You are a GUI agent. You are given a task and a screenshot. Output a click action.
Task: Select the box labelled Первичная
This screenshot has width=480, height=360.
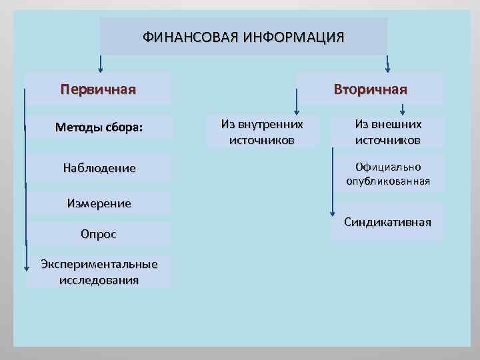pyautogui.click(x=98, y=89)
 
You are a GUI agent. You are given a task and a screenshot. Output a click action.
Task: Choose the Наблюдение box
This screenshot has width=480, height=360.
pyautogui.click(x=99, y=168)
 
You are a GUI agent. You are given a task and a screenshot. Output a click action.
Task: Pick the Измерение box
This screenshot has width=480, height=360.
pyautogui.click(x=99, y=203)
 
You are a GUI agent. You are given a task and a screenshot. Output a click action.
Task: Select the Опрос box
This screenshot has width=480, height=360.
pyautogui.click(x=99, y=234)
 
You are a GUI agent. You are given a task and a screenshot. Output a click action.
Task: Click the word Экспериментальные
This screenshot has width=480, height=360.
pyautogui.click(x=99, y=265)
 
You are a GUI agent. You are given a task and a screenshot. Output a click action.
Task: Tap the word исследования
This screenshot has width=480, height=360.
pyautogui.click(x=99, y=279)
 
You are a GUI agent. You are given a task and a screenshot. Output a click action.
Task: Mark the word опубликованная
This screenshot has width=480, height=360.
pyautogui.click(x=388, y=181)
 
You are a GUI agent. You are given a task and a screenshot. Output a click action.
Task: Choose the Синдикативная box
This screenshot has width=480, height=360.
pyautogui.click(x=388, y=222)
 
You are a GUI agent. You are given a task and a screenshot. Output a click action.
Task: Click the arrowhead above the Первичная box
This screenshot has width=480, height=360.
pyautogui.click(x=101, y=67)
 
